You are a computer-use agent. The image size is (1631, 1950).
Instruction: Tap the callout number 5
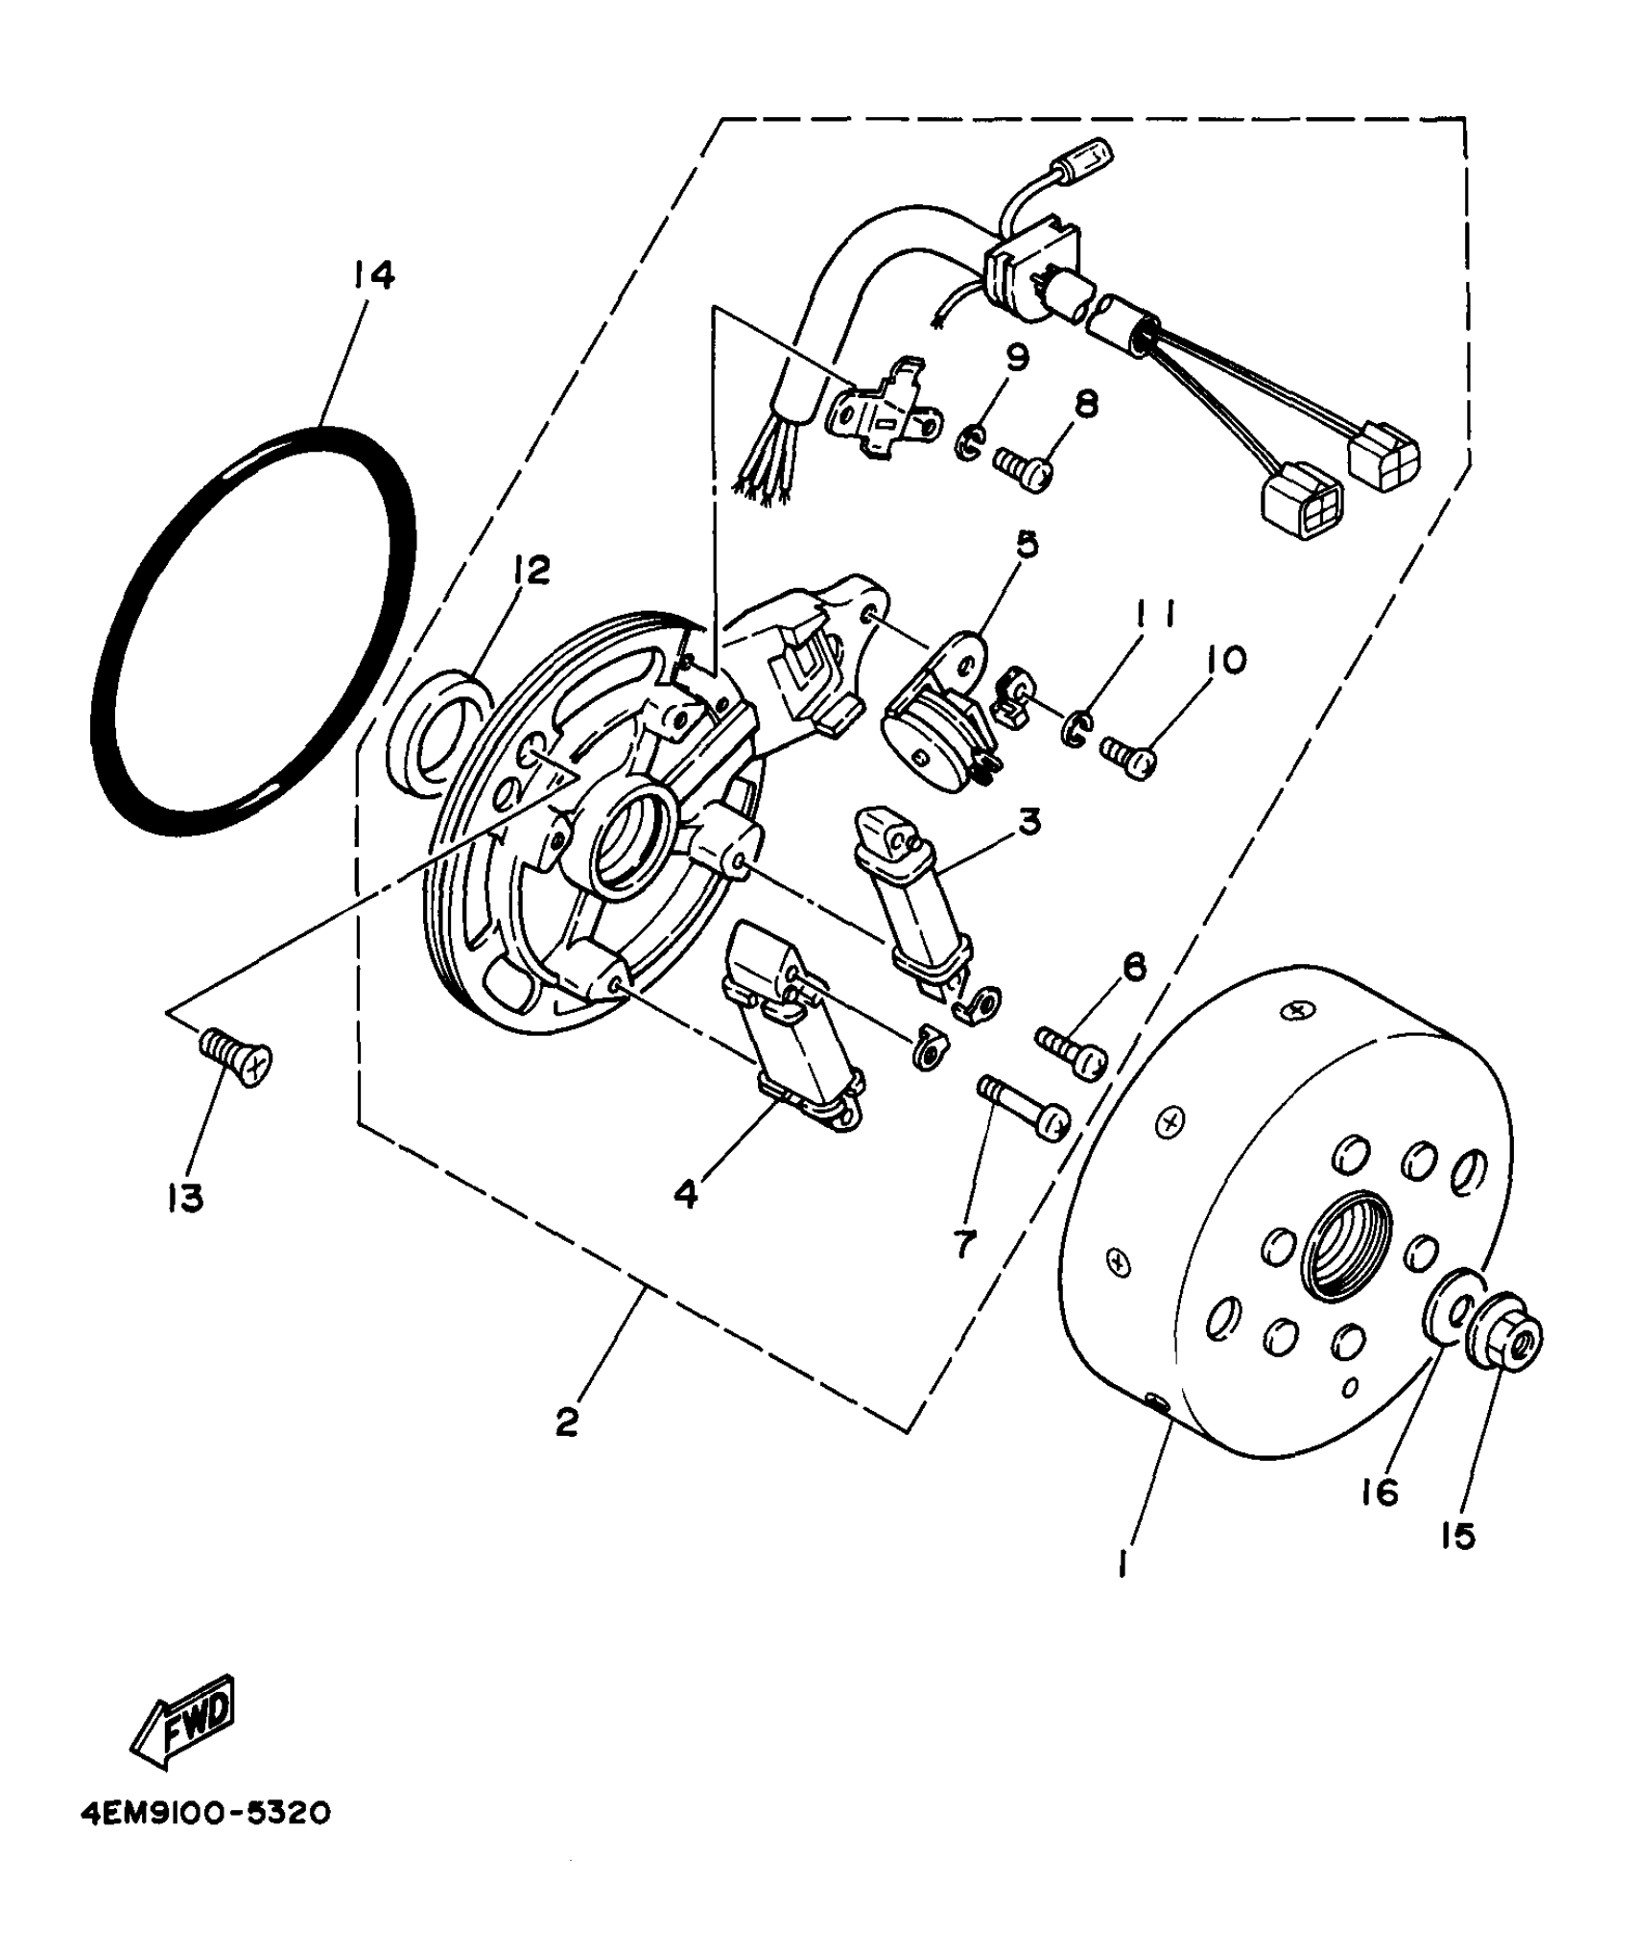click(x=1027, y=545)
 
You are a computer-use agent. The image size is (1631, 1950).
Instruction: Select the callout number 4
click(x=685, y=1194)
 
